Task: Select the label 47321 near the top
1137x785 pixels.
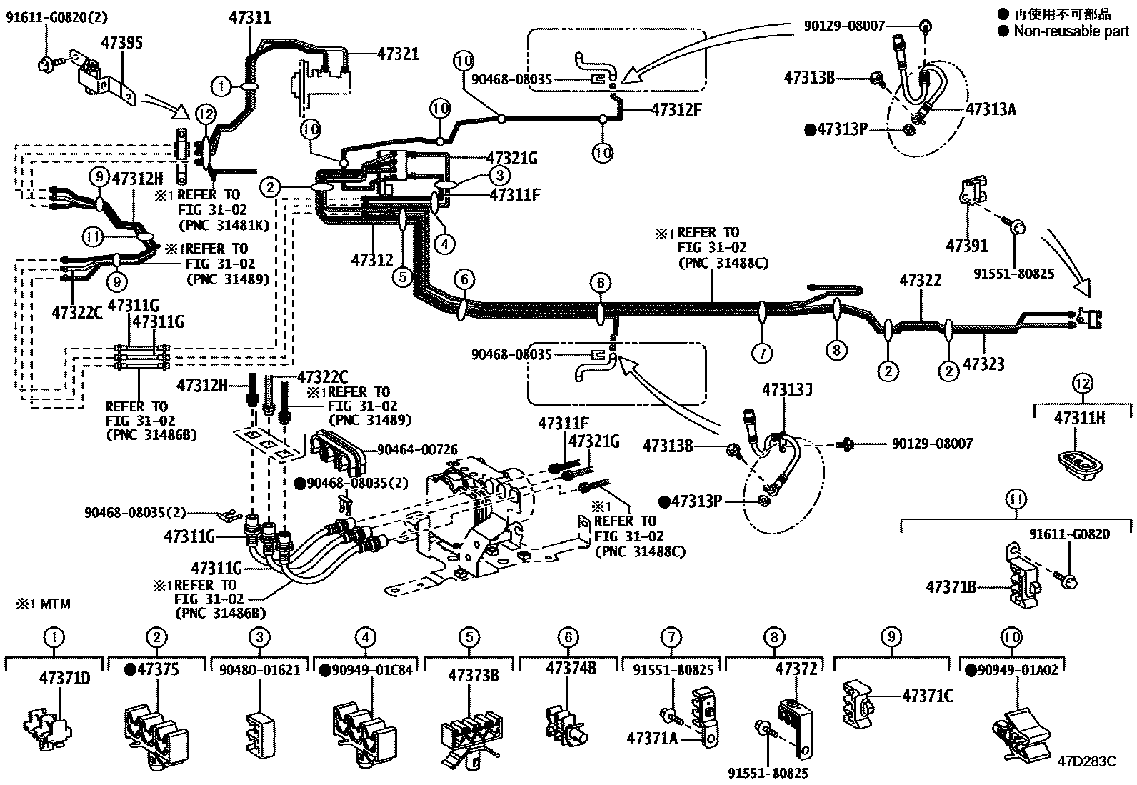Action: pyautogui.click(x=398, y=54)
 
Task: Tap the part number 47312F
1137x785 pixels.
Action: pyautogui.click(x=676, y=109)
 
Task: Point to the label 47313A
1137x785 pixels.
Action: pyautogui.click(x=991, y=109)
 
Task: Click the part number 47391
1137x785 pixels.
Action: pyautogui.click(x=966, y=246)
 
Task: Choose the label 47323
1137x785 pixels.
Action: pyautogui.click(x=983, y=364)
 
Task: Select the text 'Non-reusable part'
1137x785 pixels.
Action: pyautogui.click(x=1071, y=31)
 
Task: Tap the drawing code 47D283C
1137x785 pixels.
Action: pyautogui.click(x=1086, y=761)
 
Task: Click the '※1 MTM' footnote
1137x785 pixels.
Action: pyautogui.click(x=44, y=604)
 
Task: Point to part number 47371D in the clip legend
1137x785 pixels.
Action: pyautogui.click(x=64, y=677)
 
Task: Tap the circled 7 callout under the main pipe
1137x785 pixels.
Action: pyautogui.click(x=762, y=352)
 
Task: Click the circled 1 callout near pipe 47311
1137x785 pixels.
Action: pyautogui.click(x=222, y=87)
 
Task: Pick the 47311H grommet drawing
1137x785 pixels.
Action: pyautogui.click(x=1081, y=466)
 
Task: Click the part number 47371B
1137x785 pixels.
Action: pyautogui.click(x=951, y=587)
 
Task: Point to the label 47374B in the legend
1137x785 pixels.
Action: pyautogui.click(x=571, y=669)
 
